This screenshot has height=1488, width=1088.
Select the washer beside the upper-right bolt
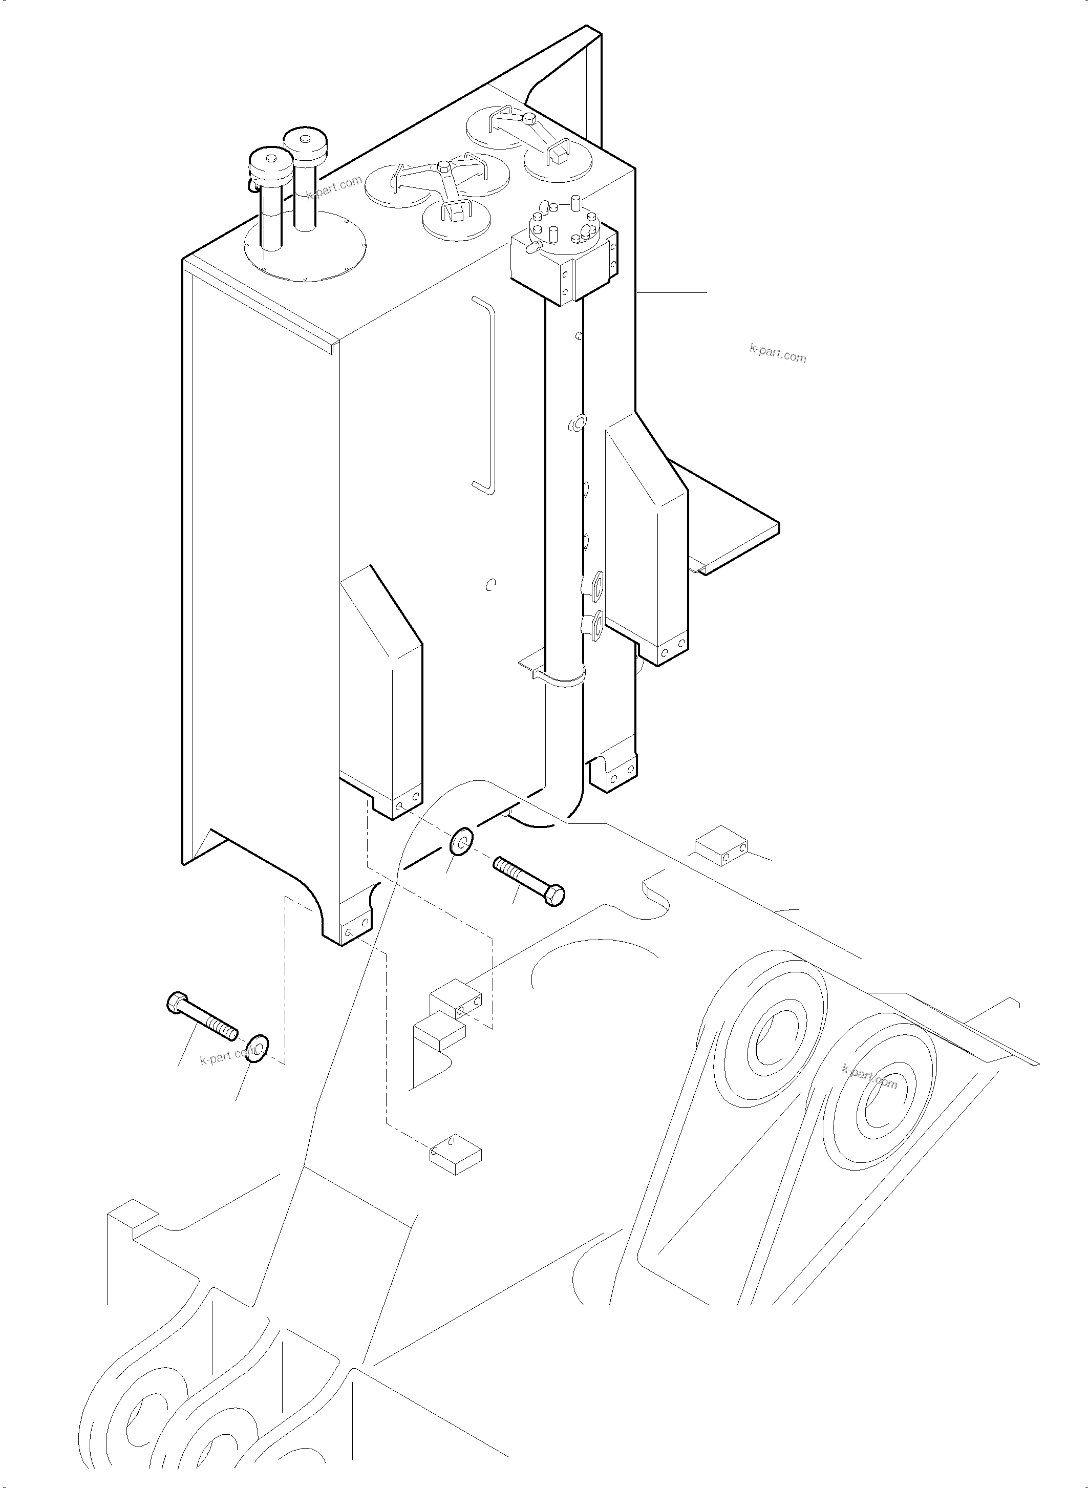click(461, 842)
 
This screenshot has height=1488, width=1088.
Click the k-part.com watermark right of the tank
click(777, 356)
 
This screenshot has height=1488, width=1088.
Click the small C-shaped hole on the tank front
click(489, 584)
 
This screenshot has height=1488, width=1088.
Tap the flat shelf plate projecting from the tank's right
click(731, 527)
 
